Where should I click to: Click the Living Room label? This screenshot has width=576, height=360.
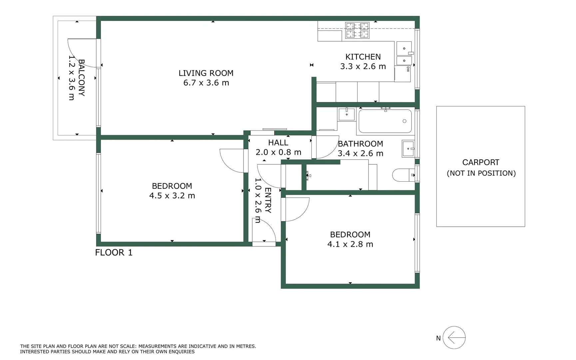206,73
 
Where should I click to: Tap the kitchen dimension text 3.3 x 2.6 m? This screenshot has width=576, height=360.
363,66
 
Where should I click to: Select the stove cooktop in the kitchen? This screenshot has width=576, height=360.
357,30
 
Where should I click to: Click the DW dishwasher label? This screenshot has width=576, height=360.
408,69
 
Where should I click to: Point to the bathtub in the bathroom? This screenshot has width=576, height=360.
385,121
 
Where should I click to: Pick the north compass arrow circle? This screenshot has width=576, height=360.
454,338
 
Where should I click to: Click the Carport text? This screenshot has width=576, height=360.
481,162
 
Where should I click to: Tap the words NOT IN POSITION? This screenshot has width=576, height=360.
481,173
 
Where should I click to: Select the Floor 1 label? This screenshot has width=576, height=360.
114,253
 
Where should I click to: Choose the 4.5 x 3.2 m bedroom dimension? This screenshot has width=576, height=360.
172,196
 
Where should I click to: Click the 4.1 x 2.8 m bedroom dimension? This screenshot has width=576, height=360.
350,244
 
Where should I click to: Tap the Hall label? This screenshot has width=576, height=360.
278,143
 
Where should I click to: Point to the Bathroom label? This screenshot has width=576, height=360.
360,144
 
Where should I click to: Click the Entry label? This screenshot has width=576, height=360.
268,200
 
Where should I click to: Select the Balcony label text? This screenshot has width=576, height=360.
81,78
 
